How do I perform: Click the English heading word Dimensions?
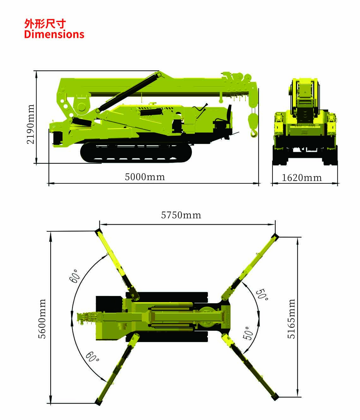pos(54,34)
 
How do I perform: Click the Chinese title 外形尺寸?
pos(45,24)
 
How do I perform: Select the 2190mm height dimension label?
pos(31,124)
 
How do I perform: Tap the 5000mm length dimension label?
pos(145,177)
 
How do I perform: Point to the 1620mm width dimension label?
pos(302,178)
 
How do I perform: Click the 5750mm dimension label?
pos(181,215)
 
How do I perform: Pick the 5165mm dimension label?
pos(291,319)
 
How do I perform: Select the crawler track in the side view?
pos(136,152)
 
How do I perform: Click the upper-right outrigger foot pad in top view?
pos(275,237)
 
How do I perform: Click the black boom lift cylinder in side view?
pos(129,93)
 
